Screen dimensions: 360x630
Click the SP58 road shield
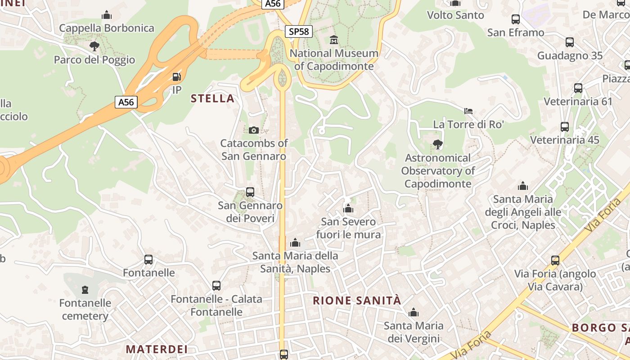(x=299, y=31)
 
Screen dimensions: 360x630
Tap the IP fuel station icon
(x=177, y=77)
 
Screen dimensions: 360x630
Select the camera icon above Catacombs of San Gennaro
(x=254, y=130)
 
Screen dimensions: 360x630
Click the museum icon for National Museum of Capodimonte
(x=334, y=40)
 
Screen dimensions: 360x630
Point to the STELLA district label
(x=213, y=99)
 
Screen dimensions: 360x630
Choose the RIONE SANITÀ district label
(x=357, y=301)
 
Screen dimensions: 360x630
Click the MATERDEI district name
(x=157, y=349)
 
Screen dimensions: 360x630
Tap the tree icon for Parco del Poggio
(x=94, y=46)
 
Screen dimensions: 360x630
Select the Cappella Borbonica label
(x=107, y=28)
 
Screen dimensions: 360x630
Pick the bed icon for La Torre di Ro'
(x=468, y=111)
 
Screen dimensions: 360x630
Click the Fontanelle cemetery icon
(x=85, y=289)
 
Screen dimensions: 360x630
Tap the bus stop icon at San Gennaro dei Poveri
(x=250, y=192)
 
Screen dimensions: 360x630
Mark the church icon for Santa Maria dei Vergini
(x=414, y=312)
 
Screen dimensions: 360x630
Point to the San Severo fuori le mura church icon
(x=348, y=208)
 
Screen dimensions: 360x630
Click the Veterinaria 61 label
(x=578, y=101)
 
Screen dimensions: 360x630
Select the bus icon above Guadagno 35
(x=570, y=42)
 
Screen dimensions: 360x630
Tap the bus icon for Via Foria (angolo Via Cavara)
(x=555, y=260)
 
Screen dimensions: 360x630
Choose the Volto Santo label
(x=455, y=15)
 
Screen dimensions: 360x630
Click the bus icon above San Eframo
(x=516, y=19)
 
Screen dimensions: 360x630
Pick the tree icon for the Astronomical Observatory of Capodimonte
(x=437, y=144)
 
